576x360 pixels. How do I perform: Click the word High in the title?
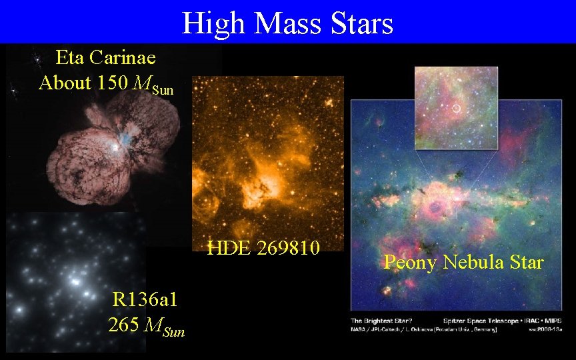213,23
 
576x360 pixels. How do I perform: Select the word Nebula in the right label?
469,263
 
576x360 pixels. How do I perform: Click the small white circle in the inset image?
456,108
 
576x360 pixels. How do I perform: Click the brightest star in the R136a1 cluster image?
76,283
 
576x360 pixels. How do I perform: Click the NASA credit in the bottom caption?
360,329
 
